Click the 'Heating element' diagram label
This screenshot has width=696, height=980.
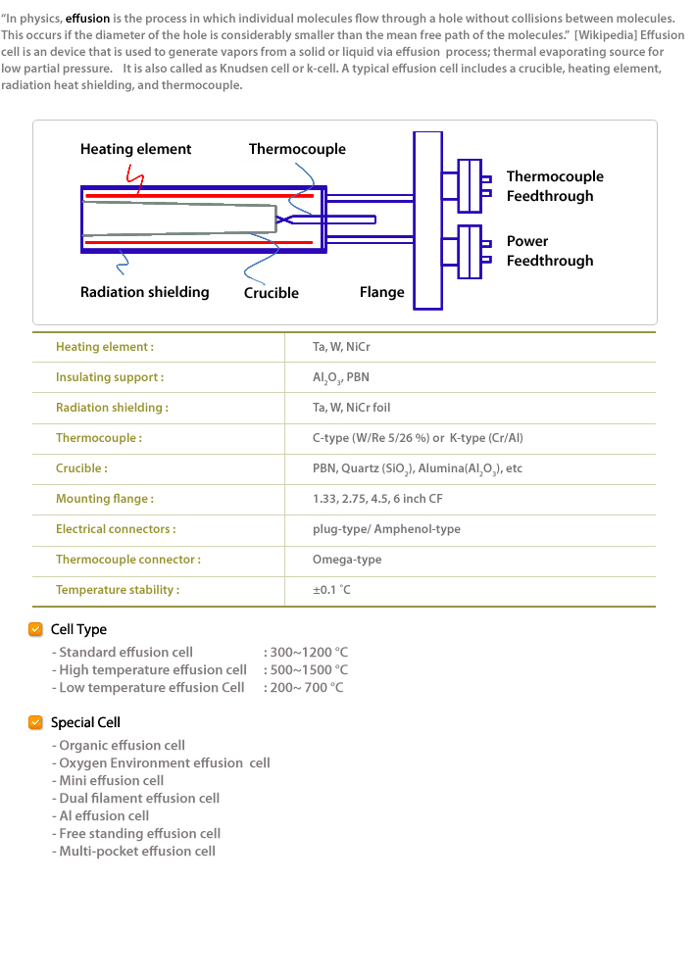[135, 149]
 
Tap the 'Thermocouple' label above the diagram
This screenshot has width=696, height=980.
[297, 149]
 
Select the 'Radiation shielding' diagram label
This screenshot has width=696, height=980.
[144, 292]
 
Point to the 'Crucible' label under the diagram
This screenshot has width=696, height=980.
[272, 292]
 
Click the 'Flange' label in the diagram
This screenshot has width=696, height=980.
[382, 292]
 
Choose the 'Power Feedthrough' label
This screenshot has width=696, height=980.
[550, 251]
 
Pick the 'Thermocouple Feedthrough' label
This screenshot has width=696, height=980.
[555, 186]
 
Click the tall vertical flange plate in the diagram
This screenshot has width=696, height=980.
[427, 220]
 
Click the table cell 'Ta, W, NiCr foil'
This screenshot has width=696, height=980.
[352, 408]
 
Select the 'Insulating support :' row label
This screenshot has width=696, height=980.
[110, 377]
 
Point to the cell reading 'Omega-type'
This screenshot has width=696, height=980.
[347, 560]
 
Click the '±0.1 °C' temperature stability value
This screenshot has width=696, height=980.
[331, 589]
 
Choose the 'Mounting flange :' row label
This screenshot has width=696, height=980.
[105, 499]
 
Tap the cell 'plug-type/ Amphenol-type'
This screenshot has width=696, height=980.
[386, 529]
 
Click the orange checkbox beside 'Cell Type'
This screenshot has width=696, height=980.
[35, 629]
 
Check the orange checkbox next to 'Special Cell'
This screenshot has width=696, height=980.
[35, 722]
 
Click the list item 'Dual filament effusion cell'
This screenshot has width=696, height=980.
[139, 798]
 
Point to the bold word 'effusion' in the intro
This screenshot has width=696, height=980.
[87, 19]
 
